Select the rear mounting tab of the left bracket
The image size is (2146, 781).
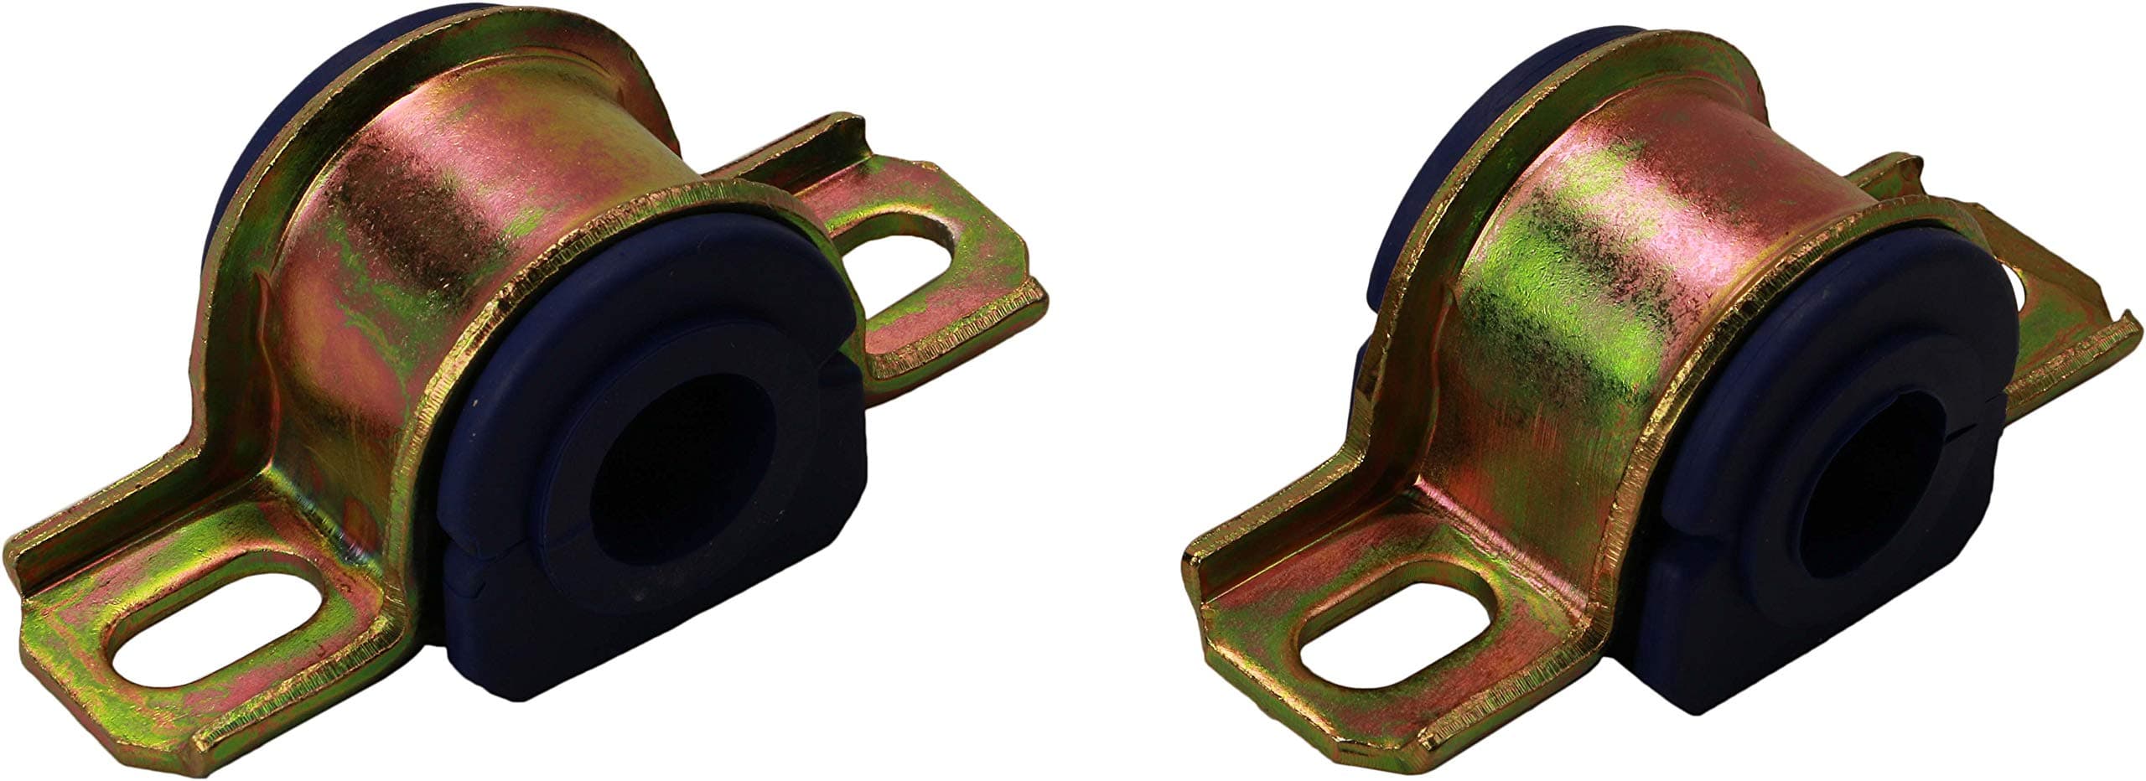964,277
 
